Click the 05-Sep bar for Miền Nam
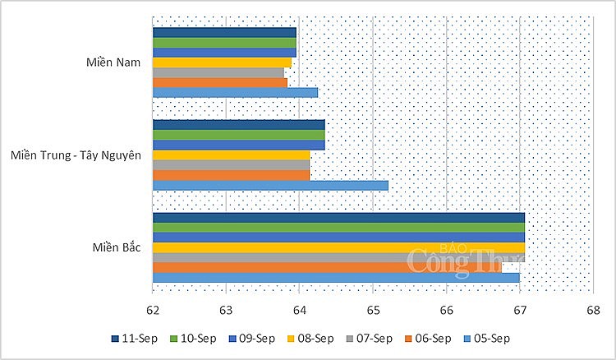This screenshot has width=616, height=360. [235, 92]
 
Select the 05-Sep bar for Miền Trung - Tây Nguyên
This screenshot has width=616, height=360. [270, 185]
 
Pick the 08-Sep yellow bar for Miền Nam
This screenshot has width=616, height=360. [222, 62]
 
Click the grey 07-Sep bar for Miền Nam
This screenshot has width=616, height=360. [218, 72]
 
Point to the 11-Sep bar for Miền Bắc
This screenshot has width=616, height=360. [338, 218]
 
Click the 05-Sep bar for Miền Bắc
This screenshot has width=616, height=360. [336, 277]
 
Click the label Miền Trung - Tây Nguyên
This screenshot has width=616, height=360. [79, 155]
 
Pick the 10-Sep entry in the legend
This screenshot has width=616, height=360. [191, 338]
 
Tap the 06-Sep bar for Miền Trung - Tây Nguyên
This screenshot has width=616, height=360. [231, 175]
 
